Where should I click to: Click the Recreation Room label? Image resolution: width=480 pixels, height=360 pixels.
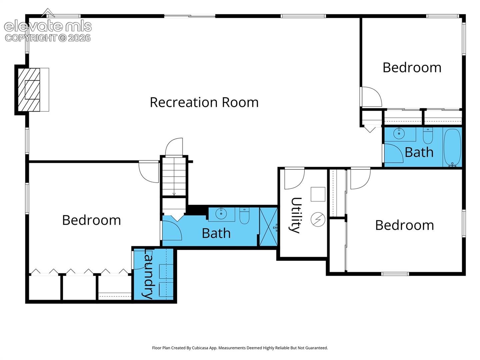pos(204,102)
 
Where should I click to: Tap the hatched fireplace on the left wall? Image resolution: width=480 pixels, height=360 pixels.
pos(29,90)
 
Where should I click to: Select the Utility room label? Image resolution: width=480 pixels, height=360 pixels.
pos(296,215)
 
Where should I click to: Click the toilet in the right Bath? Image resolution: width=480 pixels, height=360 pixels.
pos(428,135)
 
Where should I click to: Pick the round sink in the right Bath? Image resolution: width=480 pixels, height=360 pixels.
pos(399,133)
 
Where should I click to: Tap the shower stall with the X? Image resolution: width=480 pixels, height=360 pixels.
pos(268,227)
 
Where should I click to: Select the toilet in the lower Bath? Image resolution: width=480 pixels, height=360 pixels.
pos(244,216)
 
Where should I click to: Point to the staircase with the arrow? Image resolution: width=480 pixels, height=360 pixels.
pos(174,176)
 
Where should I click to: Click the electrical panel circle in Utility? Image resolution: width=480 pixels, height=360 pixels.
pos(318,219)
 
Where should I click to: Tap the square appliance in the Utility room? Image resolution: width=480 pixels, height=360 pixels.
pos(318,194)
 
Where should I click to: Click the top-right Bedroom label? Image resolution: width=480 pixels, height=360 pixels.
pos(412,68)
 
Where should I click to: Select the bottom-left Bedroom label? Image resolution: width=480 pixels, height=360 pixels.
pos(91,220)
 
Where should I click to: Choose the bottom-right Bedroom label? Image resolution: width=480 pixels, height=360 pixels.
pos(405,225)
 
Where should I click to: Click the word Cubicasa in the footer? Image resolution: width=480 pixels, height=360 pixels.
pos(200,348)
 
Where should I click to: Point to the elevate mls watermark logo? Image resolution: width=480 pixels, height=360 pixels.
pos(48,26)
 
